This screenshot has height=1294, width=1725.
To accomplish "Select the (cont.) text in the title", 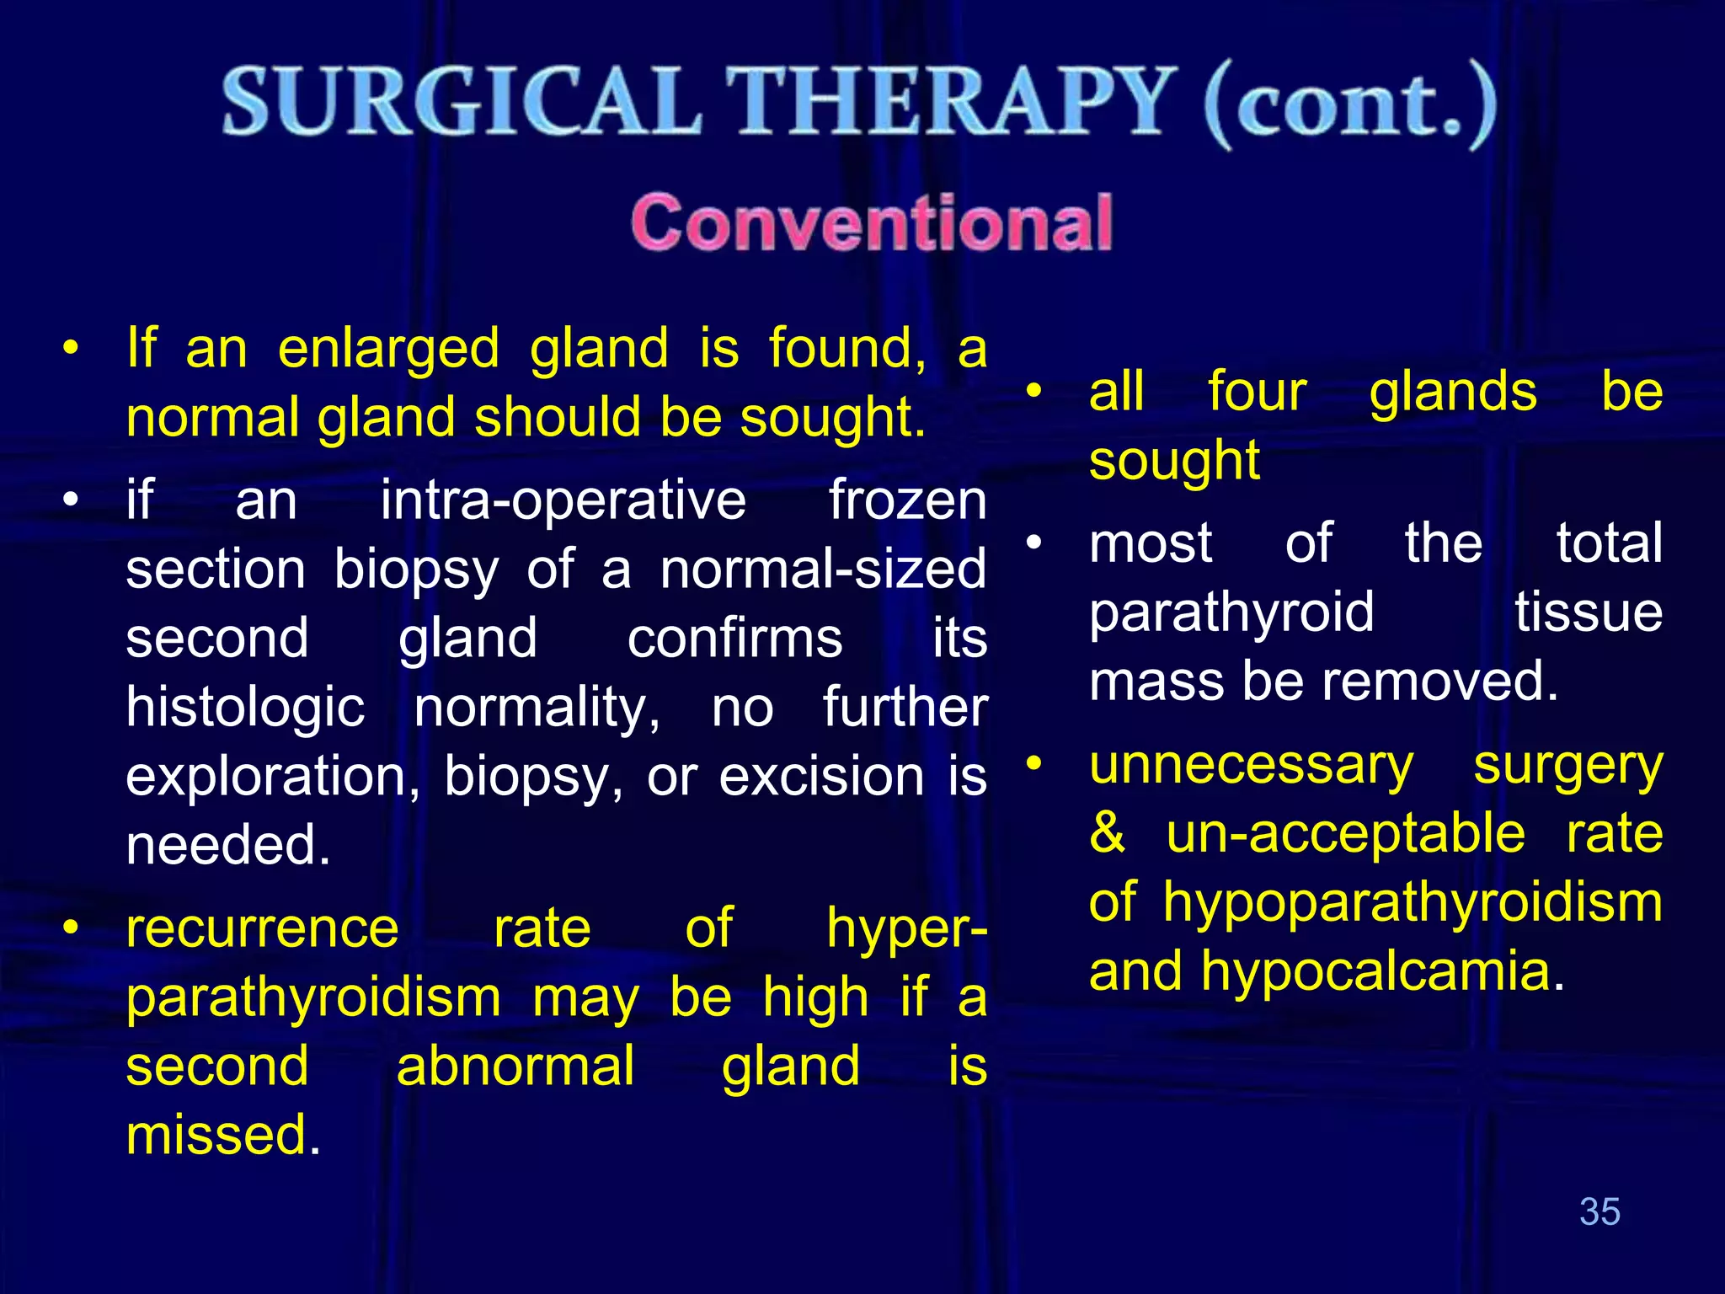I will pyautogui.click(x=1350, y=105).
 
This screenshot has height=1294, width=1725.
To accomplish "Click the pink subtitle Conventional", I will pyautogui.click(x=872, y=222).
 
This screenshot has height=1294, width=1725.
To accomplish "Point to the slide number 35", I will pyautogui.click(x=1599, y=1211).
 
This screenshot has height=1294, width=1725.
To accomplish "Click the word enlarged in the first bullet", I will pyautogui.click(x=388, y=349).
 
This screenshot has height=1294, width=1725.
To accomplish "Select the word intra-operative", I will pyautogui.click(x=563, y=500).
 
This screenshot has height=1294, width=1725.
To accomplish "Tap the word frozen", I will pyautogui.click(x=907, y=500).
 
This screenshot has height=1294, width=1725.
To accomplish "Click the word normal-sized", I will pyautogui.click(x=823, y=569).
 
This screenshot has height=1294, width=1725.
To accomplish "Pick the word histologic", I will pyautogui.click(x=245, y=707).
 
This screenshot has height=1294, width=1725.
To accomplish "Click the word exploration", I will pyautogui.click(x=272, y=776).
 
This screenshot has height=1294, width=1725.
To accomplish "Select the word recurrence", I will pyautogui.click(x=262, y=928).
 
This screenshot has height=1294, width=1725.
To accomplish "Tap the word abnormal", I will pyautogui.click(x=515, y=1067).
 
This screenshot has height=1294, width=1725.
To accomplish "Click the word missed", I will pyautogui.click(x=222, y=1135).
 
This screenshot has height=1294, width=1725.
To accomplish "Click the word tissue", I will pyautogui.click(x=1588, y=612).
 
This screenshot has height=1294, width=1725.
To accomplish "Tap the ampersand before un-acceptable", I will pyautogui.click(x=1107, y=834).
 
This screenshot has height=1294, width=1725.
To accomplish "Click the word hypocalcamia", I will pyautogui.click(x=1381, y=971).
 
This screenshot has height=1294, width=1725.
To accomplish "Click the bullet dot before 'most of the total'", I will pyautogui.click(x=1034, y=543).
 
